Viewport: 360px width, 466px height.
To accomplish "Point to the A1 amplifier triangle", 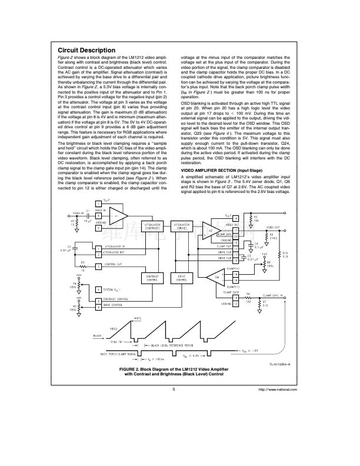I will coord(118,216).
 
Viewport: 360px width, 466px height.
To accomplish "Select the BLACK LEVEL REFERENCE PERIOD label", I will coord(173,345).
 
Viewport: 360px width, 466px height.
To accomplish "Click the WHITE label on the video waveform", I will coord(137,319).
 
